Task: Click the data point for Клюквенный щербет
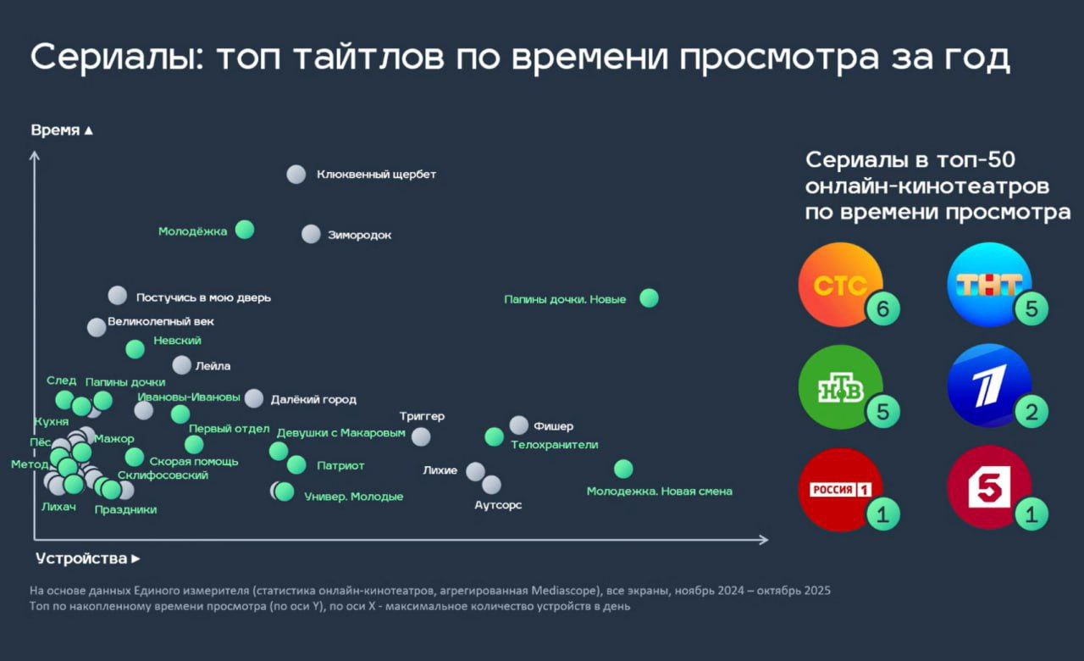pos(296,175)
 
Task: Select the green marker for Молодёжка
pos(245,230)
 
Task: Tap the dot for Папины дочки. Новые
pos(649,298)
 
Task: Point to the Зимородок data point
pos(311,235)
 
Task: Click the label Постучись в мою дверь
pos(203,297)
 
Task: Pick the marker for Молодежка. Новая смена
pos(623,469)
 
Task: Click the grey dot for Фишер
pos(518,425)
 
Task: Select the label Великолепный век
pos(161,322)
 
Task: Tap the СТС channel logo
pos(840,285)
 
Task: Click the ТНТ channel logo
pos(988,285)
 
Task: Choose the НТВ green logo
pos(840,388)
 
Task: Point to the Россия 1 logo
pos(840,490)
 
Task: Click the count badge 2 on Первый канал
pos(1031,413)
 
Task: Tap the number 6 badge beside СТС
pos(882,309)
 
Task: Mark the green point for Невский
pos(135,349)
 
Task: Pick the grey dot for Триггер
pos(421,436)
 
